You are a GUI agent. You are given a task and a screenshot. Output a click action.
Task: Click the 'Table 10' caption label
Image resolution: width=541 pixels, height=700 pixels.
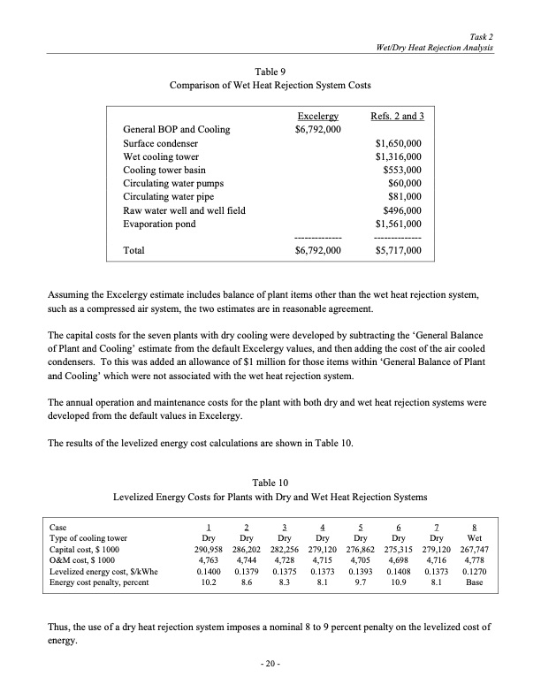click(x=270, y=483)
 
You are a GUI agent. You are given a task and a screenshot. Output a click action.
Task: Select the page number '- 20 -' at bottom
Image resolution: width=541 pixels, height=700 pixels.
click(x=270, y=662)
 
